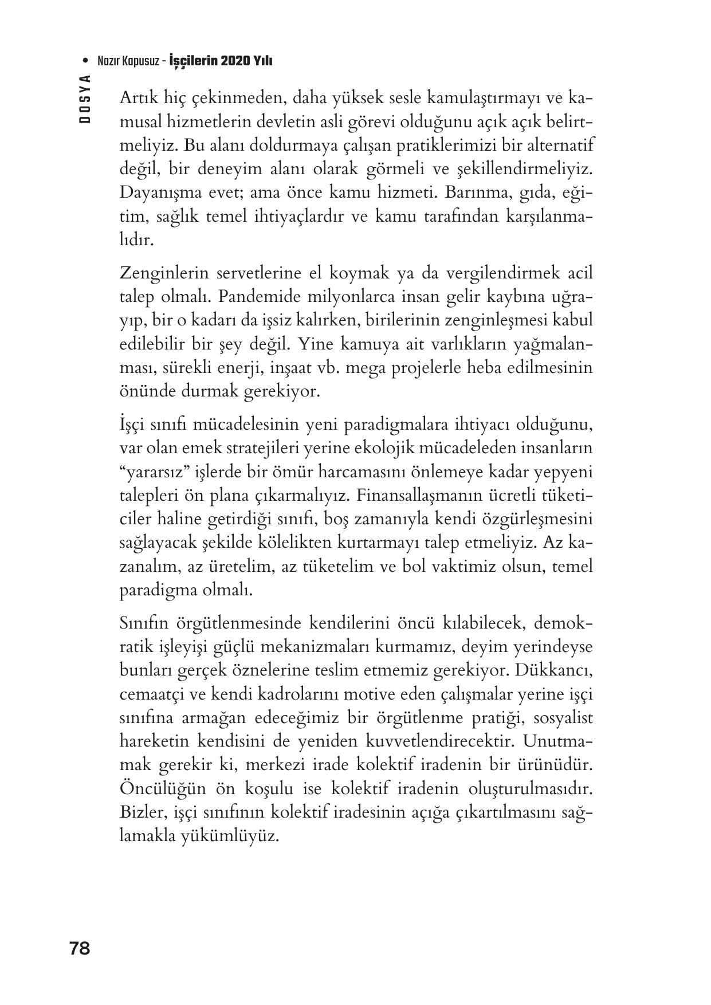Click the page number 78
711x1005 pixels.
click(80, 948)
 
